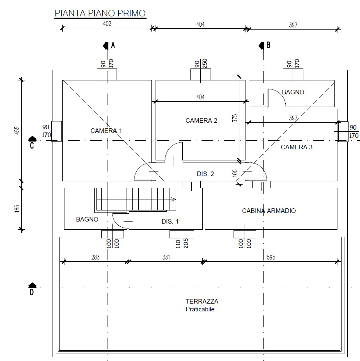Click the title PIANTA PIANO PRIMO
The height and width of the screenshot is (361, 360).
[x=100, y=13]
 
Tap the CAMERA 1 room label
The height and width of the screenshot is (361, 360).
[x=106, y=131]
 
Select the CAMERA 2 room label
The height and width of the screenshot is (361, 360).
[x=201, y=121]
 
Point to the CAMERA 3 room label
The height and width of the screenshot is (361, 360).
[x=296, y=147]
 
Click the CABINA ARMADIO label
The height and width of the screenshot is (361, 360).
[x=269, y=211]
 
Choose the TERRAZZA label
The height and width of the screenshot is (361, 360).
[x=202, y=302]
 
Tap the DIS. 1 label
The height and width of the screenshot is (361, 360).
[x=170, y=222]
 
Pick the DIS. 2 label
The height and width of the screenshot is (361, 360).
[x=205, y=174]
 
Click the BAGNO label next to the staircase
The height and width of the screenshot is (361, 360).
[x=87, y=219]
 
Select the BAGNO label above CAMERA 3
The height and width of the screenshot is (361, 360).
[x=293, y=92]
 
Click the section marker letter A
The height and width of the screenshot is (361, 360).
[x=113, y=45]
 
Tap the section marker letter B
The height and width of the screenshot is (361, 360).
[x=268, y=45]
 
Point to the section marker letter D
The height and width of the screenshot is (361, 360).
[x=32, y=292]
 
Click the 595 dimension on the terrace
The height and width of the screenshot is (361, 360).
[x=271, y=257]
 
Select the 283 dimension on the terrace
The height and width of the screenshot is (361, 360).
[x=95, y=257]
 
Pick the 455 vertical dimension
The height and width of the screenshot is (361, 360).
[x=17, y=130]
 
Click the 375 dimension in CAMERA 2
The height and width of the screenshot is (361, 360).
[x=235, y=118]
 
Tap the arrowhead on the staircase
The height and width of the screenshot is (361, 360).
[x=174, y=199]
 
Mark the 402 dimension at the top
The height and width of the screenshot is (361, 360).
[x=107, y=24]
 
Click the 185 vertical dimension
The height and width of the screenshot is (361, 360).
[x=17, y=208]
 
